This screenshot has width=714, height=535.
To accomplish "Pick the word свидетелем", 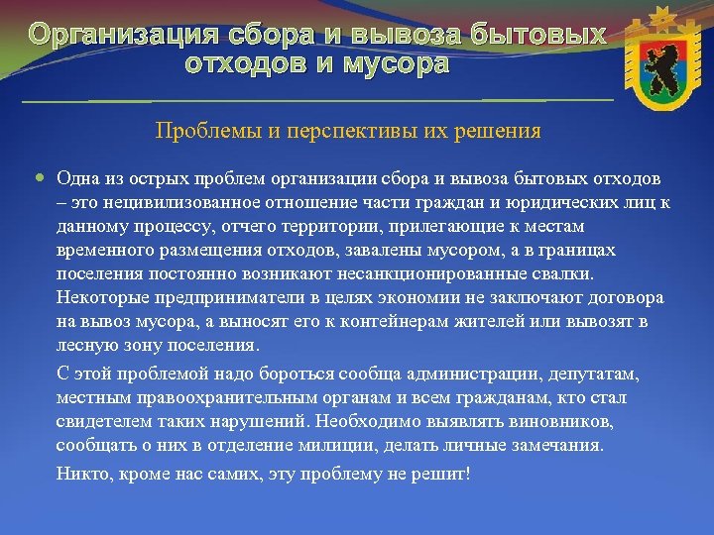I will (x=102, y=422).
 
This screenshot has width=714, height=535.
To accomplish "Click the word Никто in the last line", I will (x=81, y=474).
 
